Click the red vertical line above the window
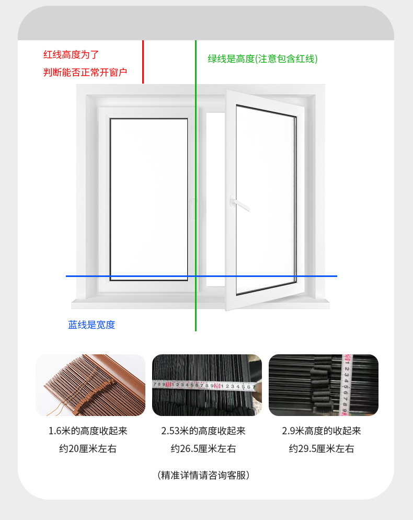coord(143,62)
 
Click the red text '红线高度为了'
coord(71,54)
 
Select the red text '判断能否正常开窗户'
coord(85,72)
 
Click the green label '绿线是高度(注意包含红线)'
coord(262,59)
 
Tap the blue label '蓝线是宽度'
coord(91,325)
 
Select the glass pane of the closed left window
coord(148,199)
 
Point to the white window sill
coord(201,304)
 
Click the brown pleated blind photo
coord(90,385)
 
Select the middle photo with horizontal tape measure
coord(206,385)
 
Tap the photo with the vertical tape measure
coord(323,385)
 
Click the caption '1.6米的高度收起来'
coord(88,431)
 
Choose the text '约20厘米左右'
coord(88,448)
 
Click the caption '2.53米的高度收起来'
coord(203,431)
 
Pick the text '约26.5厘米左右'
coord(203,448)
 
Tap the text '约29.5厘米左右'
coord(322,448)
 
